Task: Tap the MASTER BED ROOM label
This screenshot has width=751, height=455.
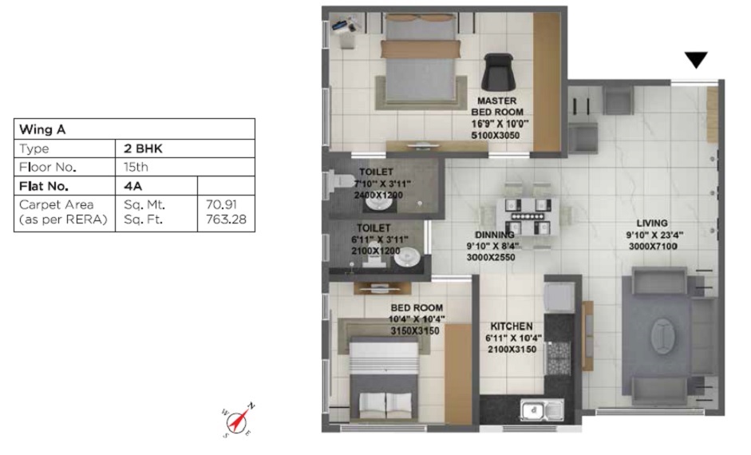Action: [x=500, y=107]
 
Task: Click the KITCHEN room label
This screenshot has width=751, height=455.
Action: [x=512, y=326]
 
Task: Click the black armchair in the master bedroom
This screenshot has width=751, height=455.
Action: [x=501, y=72]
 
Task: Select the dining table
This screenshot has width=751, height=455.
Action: [x=524, y=215]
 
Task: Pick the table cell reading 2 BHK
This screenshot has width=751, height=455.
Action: [x=138, y=148]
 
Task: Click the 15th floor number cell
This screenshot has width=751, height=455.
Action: [x=136, y=168]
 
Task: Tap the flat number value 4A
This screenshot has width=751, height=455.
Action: [x=132, y=187]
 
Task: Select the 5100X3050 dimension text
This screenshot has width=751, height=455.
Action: [x=500, y=136]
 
